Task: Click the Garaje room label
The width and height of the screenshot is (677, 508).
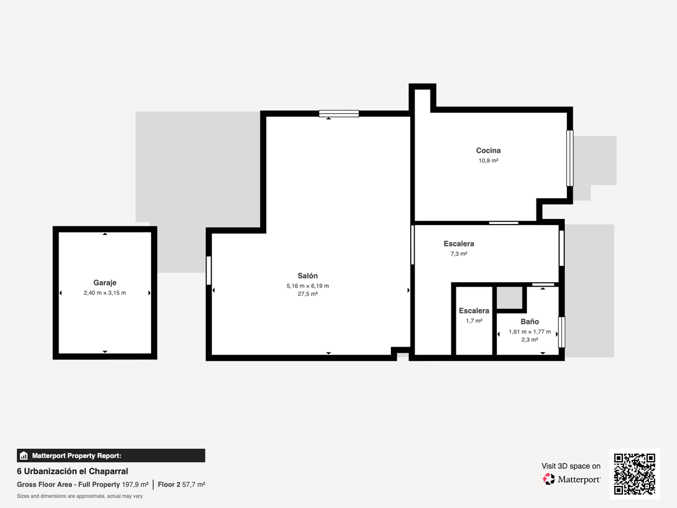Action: [x=105, y=283]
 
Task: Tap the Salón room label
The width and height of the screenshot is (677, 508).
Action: [x=307, y=276]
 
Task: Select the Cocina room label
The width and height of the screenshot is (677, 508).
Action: [x=488, y=151]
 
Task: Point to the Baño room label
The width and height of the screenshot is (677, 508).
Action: [x=530, y=321]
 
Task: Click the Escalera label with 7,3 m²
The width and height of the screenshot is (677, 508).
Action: [x=459, y=244]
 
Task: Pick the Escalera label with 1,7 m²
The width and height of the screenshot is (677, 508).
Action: [x=474, y=310]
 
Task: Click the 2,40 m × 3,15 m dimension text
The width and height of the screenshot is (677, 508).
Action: [x=105, y=293]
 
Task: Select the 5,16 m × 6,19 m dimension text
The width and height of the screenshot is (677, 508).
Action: [x=307, y=286]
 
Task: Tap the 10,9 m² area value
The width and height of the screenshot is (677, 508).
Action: [x=488, y=161]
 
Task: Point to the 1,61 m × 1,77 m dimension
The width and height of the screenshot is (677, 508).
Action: [x=530, y=332]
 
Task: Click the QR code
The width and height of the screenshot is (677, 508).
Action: [x=635, y=474]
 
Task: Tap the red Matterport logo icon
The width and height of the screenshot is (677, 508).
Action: [x=548, y=479]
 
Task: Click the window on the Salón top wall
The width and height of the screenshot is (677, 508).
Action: [x=338, y=113]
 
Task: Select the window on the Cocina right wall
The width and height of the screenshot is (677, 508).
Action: [x=570, y=158]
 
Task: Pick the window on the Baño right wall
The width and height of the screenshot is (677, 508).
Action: [x=562, y=332]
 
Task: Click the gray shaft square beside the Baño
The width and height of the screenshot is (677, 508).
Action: [x=509, y=297]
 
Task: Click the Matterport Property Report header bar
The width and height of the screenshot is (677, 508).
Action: [x=111, y=456]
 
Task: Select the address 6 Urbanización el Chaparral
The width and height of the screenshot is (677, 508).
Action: [x=72, y=471]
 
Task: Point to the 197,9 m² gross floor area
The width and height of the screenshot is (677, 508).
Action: [x=135, y=484]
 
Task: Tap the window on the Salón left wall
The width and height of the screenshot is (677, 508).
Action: [x=209, y=270]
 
